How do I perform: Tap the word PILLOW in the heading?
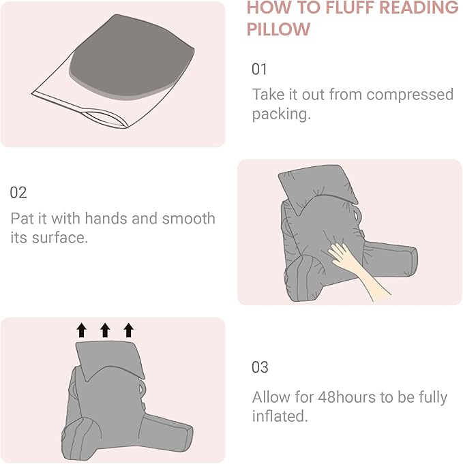pos(278,30)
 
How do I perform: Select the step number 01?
pos(260,69)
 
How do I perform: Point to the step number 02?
pos(18,193)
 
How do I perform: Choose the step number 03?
pos(260,367)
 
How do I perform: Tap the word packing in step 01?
pos(280,114)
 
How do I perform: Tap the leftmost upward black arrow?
pos(81,331)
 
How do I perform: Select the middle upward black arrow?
pos(105,331)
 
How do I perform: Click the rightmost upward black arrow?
pos(129,331)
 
